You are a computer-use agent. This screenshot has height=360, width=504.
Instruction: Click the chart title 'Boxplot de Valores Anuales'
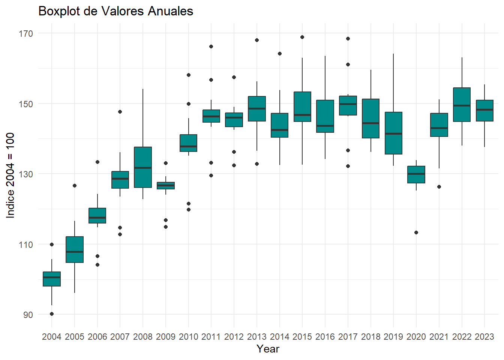115,11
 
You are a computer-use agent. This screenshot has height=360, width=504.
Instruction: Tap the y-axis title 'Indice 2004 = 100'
10,175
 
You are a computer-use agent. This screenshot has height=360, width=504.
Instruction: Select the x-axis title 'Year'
268,349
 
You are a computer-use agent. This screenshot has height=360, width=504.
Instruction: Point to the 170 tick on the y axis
25,34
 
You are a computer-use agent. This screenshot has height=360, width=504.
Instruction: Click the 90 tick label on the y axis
28,315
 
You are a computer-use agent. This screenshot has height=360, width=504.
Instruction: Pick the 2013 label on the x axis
257,337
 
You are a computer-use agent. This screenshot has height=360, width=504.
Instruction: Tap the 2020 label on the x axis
416,337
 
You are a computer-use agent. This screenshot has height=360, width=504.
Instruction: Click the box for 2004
52,279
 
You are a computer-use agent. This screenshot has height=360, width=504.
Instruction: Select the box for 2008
143,167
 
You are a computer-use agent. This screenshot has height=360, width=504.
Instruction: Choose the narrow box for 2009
166,186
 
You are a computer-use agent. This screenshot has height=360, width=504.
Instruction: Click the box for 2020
416,175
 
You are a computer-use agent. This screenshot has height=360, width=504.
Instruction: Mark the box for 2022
462,105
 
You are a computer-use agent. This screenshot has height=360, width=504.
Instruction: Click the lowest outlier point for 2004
52,314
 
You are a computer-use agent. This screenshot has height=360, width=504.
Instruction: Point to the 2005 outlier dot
75,186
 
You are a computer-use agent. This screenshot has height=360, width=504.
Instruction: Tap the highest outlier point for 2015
302,37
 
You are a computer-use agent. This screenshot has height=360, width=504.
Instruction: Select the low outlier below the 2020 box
416,232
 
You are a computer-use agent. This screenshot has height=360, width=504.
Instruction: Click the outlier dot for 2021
439,187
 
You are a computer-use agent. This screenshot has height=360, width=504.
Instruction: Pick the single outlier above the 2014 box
280,54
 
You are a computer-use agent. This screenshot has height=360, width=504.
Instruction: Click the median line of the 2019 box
393,133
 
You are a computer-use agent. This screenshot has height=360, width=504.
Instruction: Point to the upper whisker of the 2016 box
325,78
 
